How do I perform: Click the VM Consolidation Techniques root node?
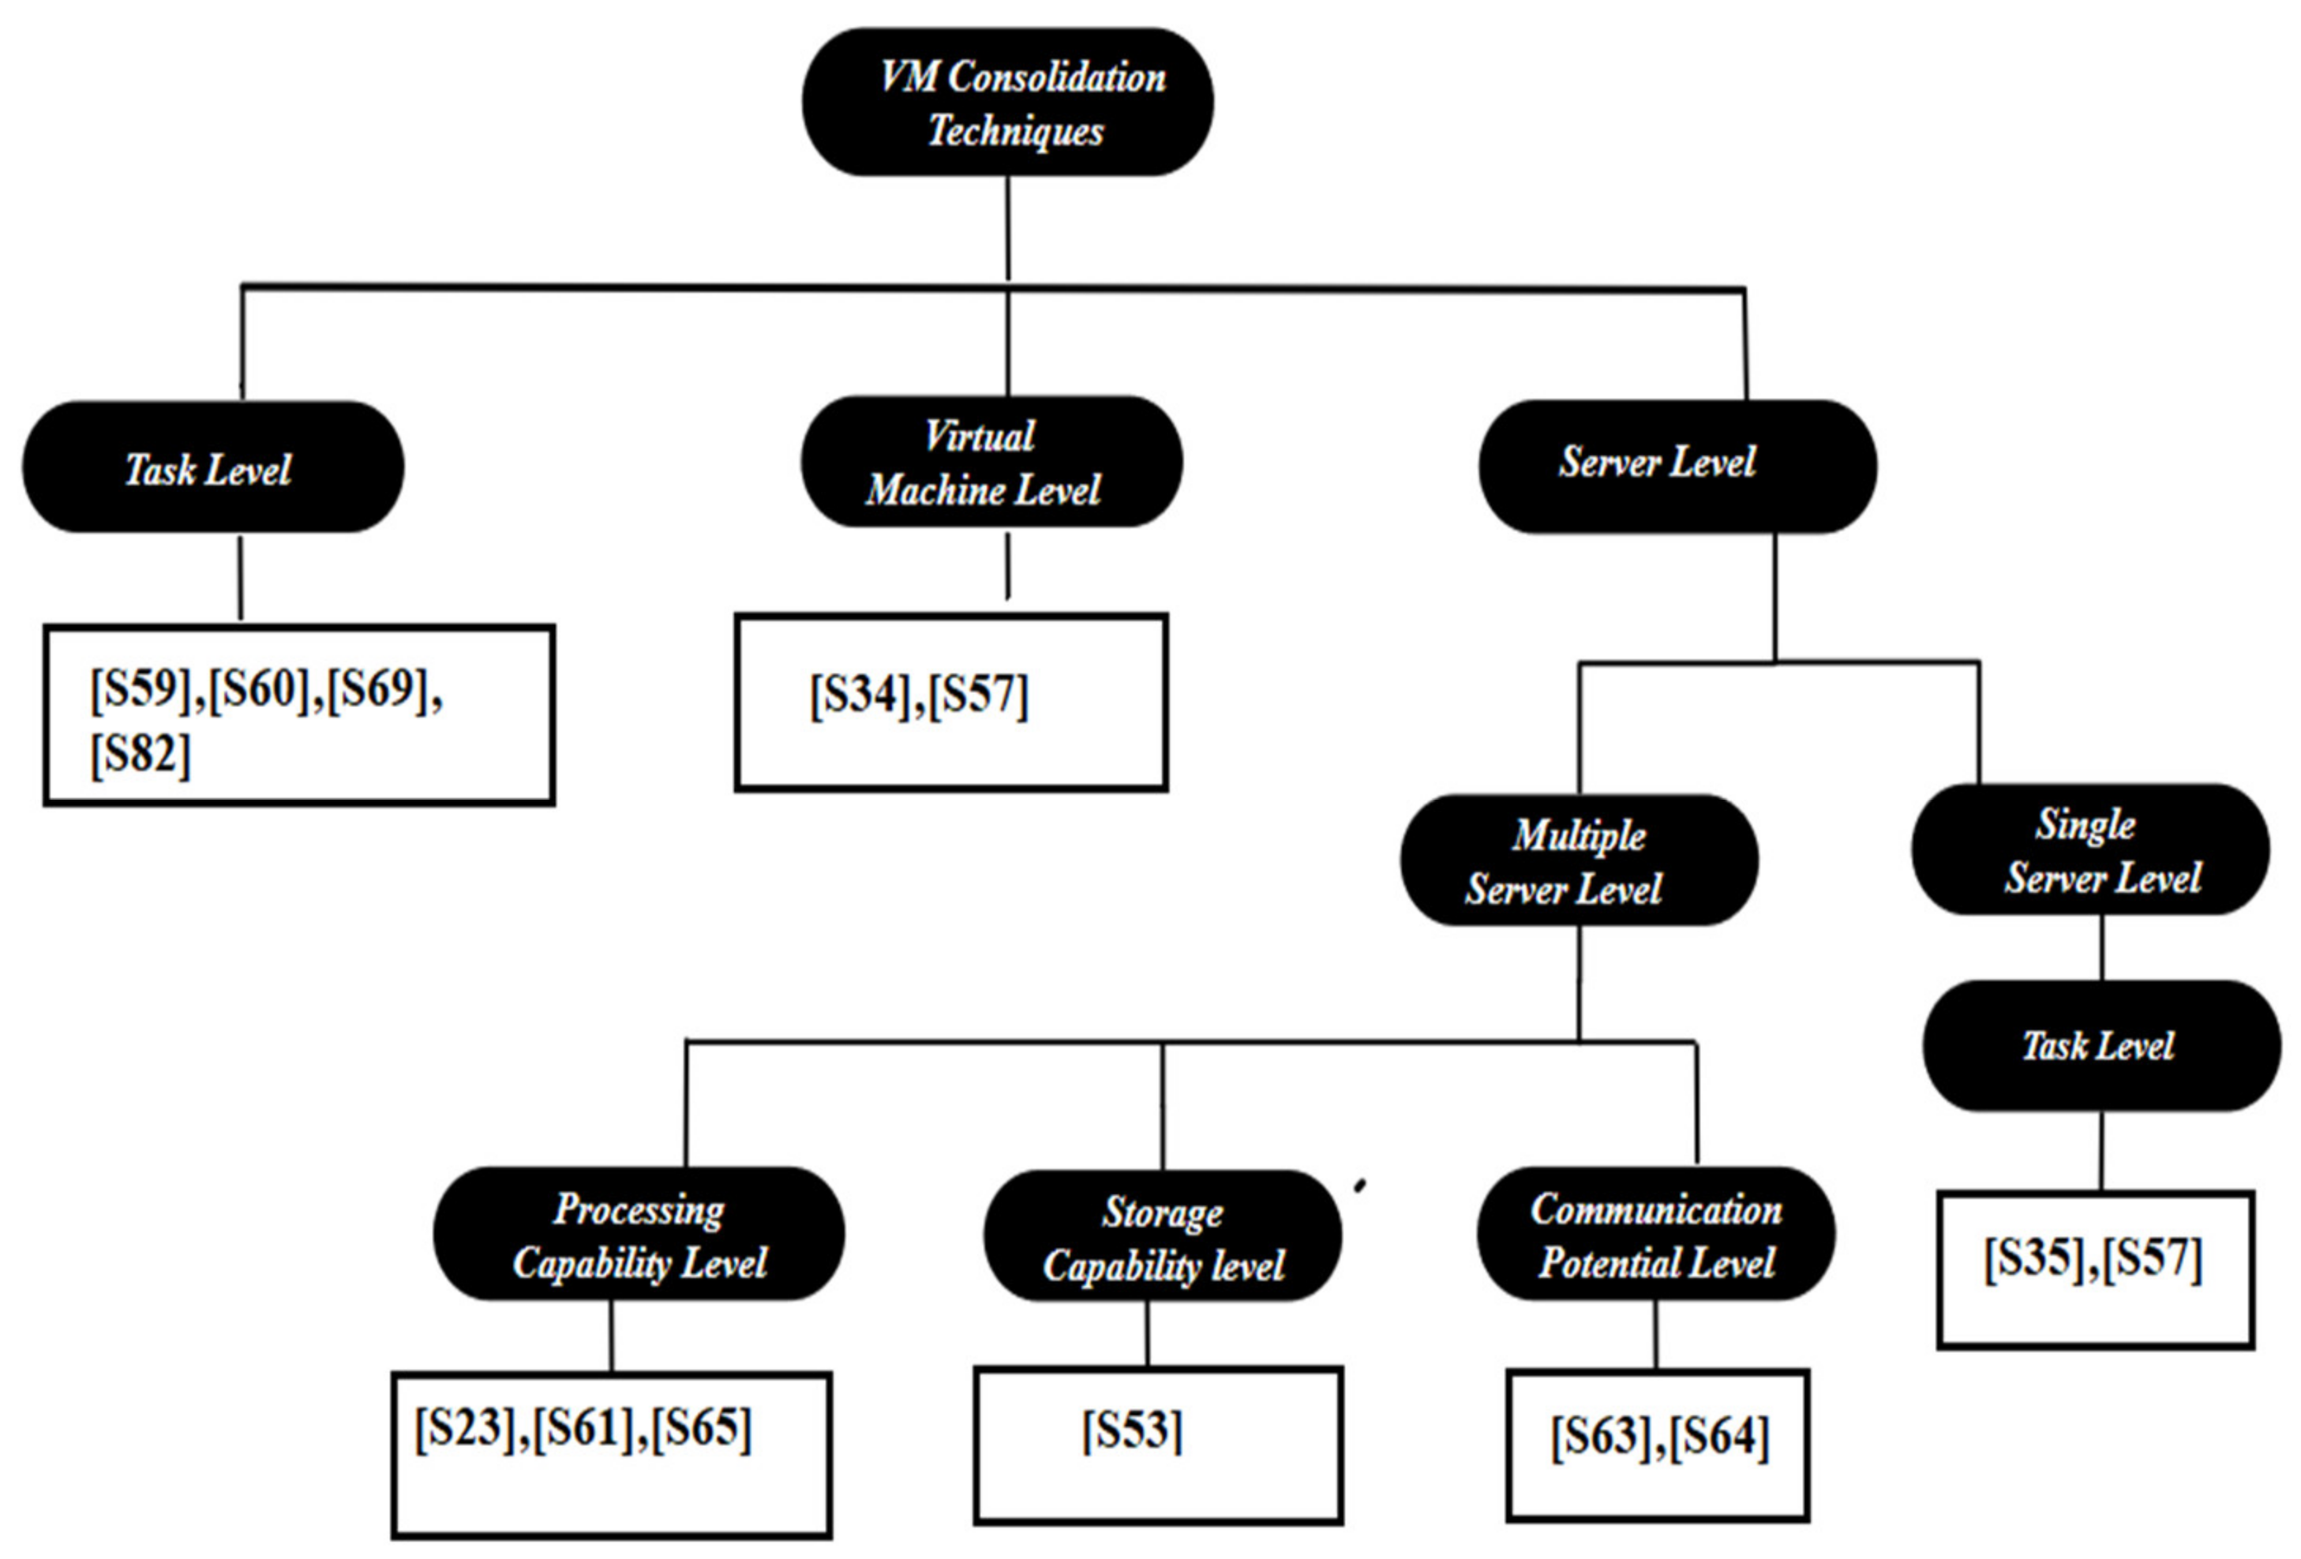(x=1007, y=103)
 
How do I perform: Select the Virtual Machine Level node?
(x=991, y=463)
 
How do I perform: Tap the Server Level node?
(x=1677, y=465)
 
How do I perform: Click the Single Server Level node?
(x=2089, y=850)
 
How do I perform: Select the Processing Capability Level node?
(x=639, y=1235)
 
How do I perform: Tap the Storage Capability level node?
(x=1163, y=1236)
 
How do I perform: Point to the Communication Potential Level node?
(x=1655, y=1235)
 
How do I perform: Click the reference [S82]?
(x=141, y=755)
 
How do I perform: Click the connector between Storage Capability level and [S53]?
(x=1148, y=1333)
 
